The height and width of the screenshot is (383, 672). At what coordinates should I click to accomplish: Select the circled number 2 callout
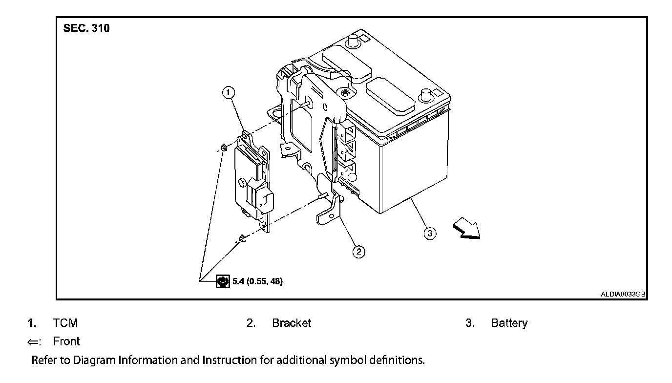359,252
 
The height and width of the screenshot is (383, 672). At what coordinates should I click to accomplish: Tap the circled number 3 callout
430,234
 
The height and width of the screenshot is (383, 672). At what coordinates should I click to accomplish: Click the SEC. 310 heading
86,28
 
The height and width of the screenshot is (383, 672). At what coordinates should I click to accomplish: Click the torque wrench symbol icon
223,281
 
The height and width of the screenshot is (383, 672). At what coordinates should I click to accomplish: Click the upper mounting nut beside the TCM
223,147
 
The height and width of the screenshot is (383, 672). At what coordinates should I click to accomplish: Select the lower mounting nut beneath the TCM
241,239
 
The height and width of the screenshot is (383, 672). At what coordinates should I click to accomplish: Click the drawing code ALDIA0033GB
623,294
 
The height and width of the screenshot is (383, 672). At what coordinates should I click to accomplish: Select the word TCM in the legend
65,323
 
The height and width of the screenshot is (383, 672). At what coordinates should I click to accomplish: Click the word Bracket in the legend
292,323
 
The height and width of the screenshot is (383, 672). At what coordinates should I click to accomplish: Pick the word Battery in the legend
509,323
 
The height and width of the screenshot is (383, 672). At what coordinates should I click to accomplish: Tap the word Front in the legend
66,341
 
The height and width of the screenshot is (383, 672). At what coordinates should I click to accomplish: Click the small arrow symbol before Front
34,341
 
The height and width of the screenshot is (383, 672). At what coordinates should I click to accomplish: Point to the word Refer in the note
44,361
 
